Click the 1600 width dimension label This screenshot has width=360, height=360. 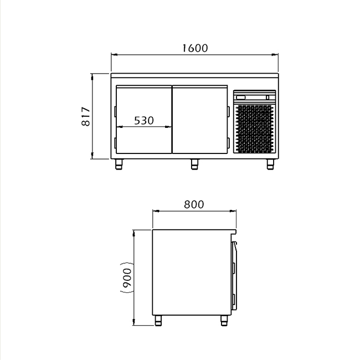(195, 48)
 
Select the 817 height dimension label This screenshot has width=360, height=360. (86, 116)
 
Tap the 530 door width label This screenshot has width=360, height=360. (144, 121)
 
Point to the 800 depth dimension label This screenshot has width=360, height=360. (194, 204)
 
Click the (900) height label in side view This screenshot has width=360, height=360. (127, 278)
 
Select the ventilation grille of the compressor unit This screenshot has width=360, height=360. (255, 129)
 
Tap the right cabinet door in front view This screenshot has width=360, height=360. (200, 120)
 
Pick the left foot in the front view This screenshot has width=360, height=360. (119, 164)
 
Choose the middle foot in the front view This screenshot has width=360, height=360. (194, 164)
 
